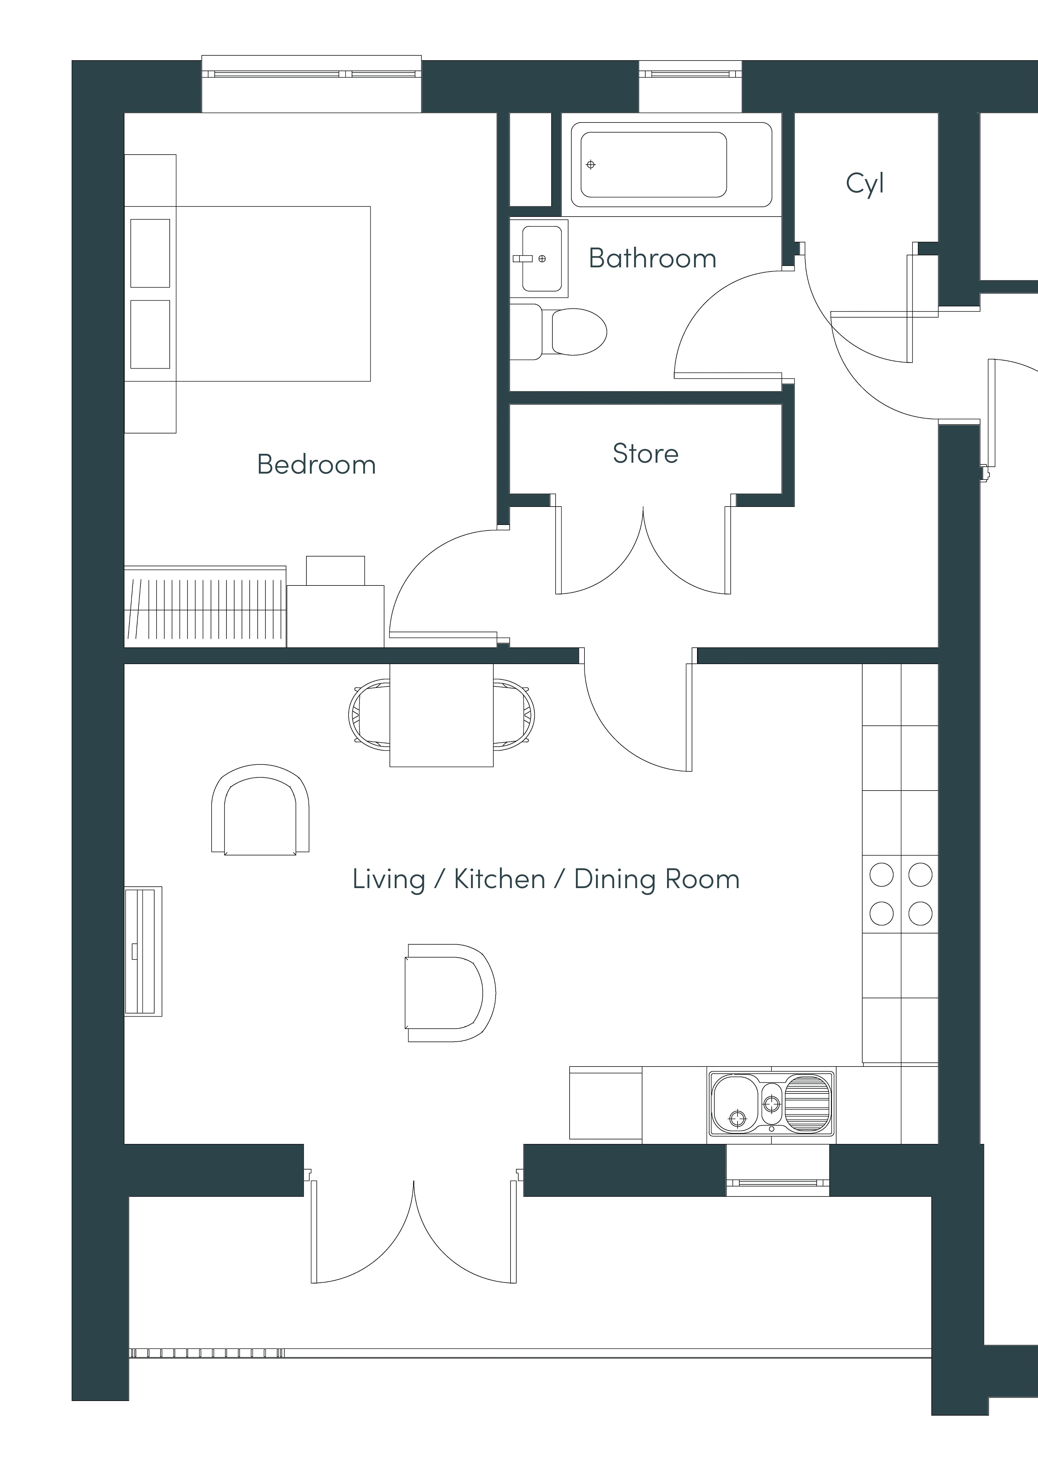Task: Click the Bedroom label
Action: pos(316,464)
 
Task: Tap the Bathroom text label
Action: pos(652,258)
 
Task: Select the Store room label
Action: pos(645,454)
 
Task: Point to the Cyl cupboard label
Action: pos(865,184)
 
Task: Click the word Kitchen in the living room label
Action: pos(500,879)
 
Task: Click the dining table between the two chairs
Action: pos(441,715)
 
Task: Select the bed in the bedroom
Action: pos(247,294)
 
